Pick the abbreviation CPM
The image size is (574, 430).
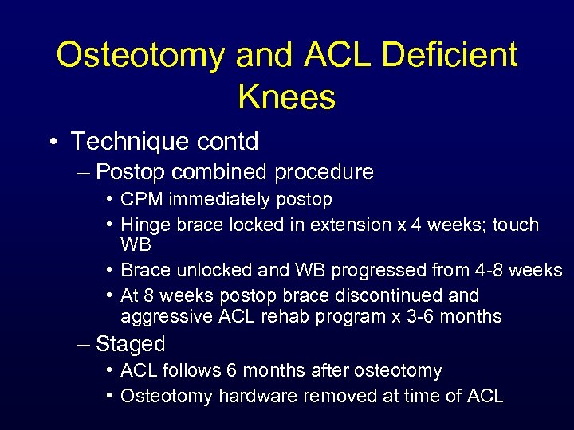[x=140, y=199]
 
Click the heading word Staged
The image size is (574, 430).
[x=130, y=344]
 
